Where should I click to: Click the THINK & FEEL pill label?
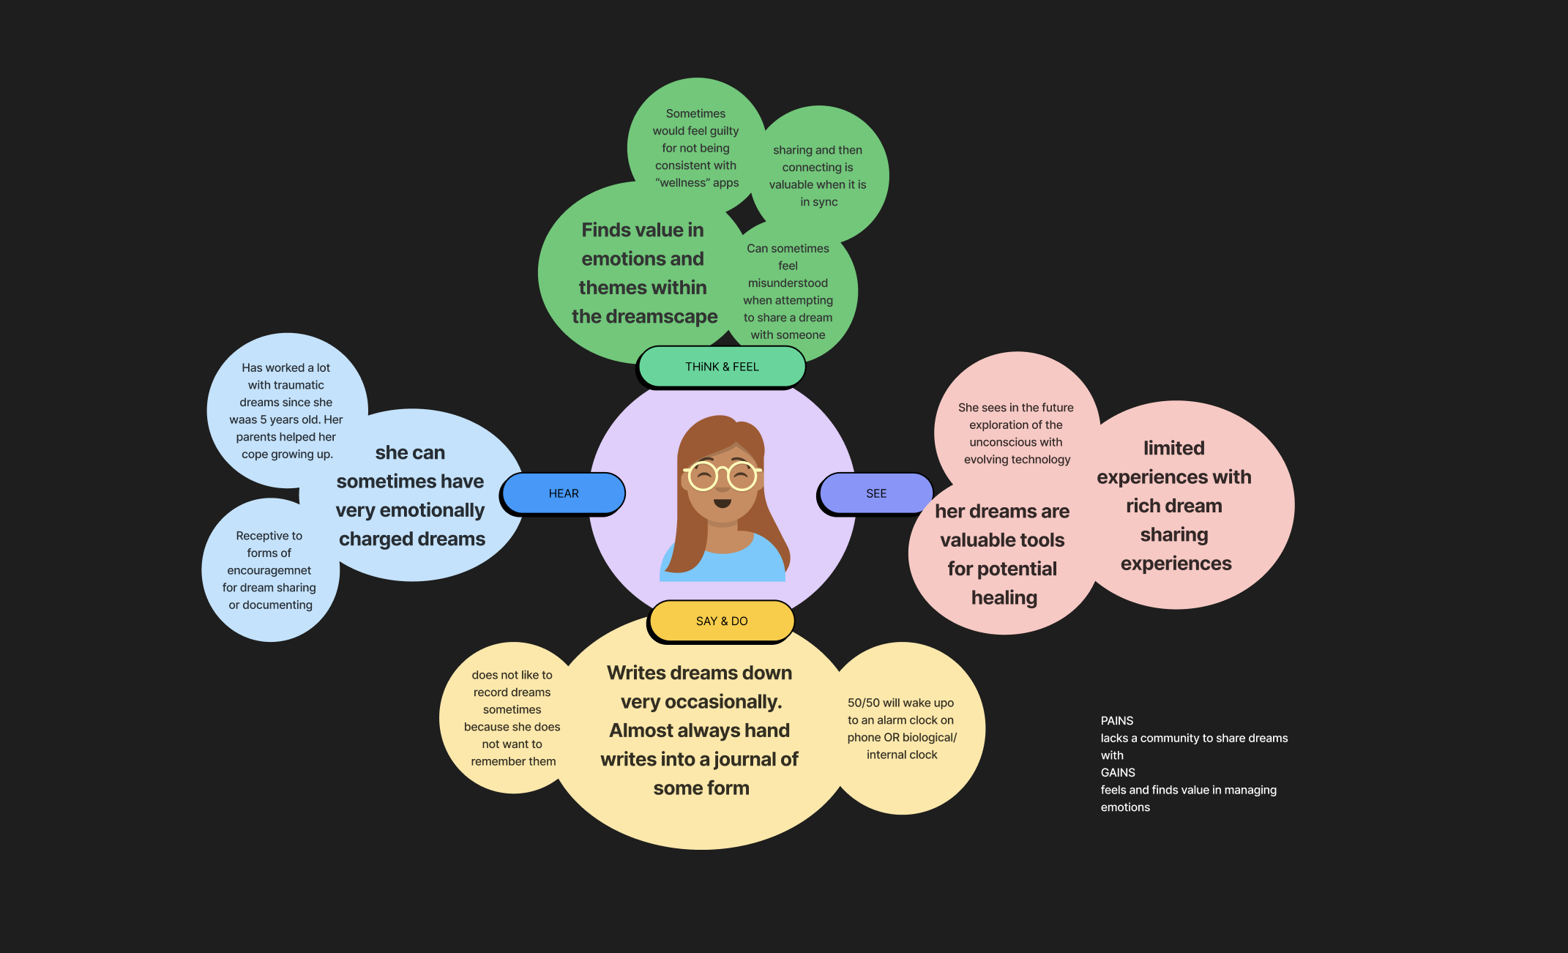pos(722,367)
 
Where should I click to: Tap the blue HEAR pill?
pos(564,493)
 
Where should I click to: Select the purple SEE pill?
pos(876,493)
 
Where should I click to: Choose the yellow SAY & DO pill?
pos(722,621)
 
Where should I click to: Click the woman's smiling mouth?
pos(723,504)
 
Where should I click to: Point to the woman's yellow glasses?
pos(723,476)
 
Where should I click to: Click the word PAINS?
pos(1117,721)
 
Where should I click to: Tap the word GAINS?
pos(1118,772)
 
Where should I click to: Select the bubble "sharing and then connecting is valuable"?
pos(818,176)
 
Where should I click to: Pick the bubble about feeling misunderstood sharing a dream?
pos(788,291)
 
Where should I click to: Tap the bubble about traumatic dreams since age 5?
pos(286,411)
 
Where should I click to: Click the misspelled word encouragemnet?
pos(269,570)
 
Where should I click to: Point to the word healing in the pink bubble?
pos(1004,598)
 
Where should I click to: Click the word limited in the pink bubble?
pos(1174,448)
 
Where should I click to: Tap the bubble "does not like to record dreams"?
pos(512,718)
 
